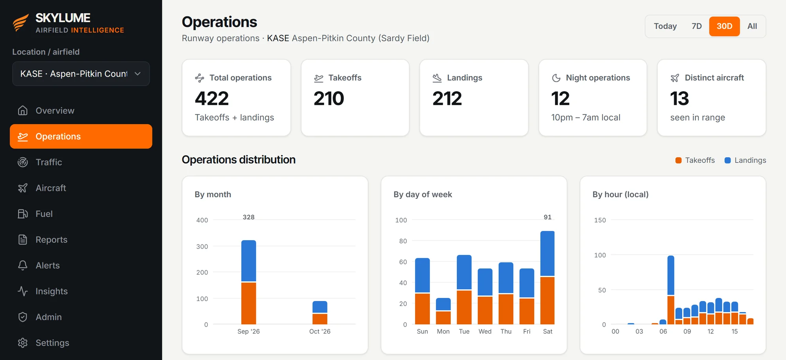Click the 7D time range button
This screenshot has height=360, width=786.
696,26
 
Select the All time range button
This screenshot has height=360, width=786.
752,26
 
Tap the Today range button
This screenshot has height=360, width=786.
665,26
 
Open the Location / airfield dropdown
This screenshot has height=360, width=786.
81,74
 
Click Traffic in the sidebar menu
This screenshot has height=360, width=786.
49,162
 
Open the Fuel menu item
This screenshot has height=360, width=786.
44,214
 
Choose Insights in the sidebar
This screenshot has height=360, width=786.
51,291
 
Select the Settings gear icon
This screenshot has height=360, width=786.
23,343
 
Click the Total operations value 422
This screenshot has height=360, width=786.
212,98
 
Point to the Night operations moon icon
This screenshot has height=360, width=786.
556,78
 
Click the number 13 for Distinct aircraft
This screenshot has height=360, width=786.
679,98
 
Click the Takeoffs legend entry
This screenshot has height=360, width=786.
695,160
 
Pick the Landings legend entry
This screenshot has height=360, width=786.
745,160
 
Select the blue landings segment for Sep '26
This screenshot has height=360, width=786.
248,261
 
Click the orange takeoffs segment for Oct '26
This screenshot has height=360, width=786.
320,319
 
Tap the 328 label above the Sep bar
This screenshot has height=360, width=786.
248,217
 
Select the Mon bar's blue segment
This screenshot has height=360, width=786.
443,304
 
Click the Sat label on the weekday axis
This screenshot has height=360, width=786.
547,331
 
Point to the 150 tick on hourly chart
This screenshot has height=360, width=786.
600,220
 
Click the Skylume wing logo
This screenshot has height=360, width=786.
21,23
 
